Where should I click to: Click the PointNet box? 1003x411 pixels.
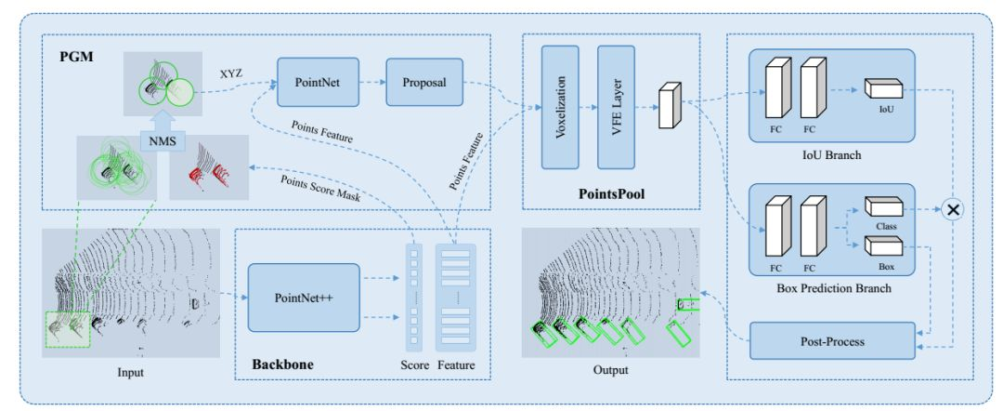318,82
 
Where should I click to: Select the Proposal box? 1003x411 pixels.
424,82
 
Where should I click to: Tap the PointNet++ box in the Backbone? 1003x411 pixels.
304,298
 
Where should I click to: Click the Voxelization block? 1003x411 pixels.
560,107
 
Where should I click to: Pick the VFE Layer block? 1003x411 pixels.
616,107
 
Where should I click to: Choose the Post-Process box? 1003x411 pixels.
832,341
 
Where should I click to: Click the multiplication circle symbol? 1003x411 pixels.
953,209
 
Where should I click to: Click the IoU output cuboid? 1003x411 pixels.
883,88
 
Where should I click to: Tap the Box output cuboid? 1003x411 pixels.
883,247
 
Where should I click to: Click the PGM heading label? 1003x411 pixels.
78,57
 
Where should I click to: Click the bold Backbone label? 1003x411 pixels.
283,365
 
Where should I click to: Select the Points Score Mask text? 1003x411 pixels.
319,188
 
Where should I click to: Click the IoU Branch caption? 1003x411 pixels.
832,155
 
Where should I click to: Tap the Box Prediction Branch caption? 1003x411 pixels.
833,288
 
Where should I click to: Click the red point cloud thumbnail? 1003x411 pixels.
209,167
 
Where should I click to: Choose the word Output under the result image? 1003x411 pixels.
611,370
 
